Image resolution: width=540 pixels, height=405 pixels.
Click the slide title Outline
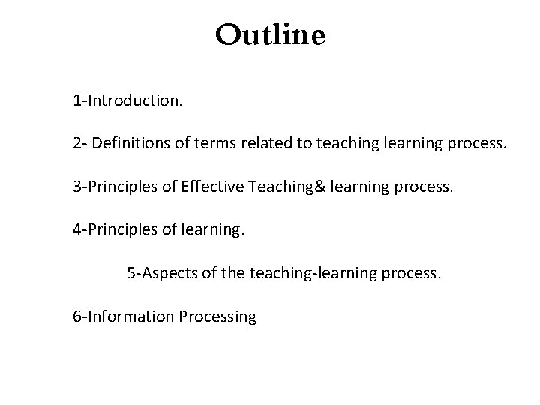[x=270, y=35]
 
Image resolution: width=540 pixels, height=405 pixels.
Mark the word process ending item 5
[x=413, y=273]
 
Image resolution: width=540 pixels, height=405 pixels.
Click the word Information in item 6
[x=132, y=316]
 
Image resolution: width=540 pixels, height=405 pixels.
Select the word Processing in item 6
[x=218, y=316]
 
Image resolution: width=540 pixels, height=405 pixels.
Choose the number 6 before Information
[x=77, y=316]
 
